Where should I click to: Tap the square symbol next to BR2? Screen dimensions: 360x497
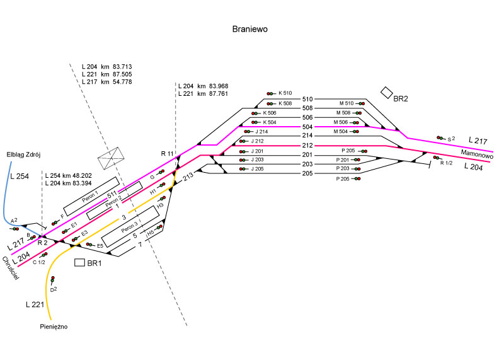point(386,92)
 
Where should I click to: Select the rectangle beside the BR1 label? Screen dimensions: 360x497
point(80,262)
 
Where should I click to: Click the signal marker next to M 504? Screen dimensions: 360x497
point(356,131)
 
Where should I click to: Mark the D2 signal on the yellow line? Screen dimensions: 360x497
point(53,279)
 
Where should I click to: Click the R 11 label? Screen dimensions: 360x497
point(167,154)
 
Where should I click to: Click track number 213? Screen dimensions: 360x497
point(187,178)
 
